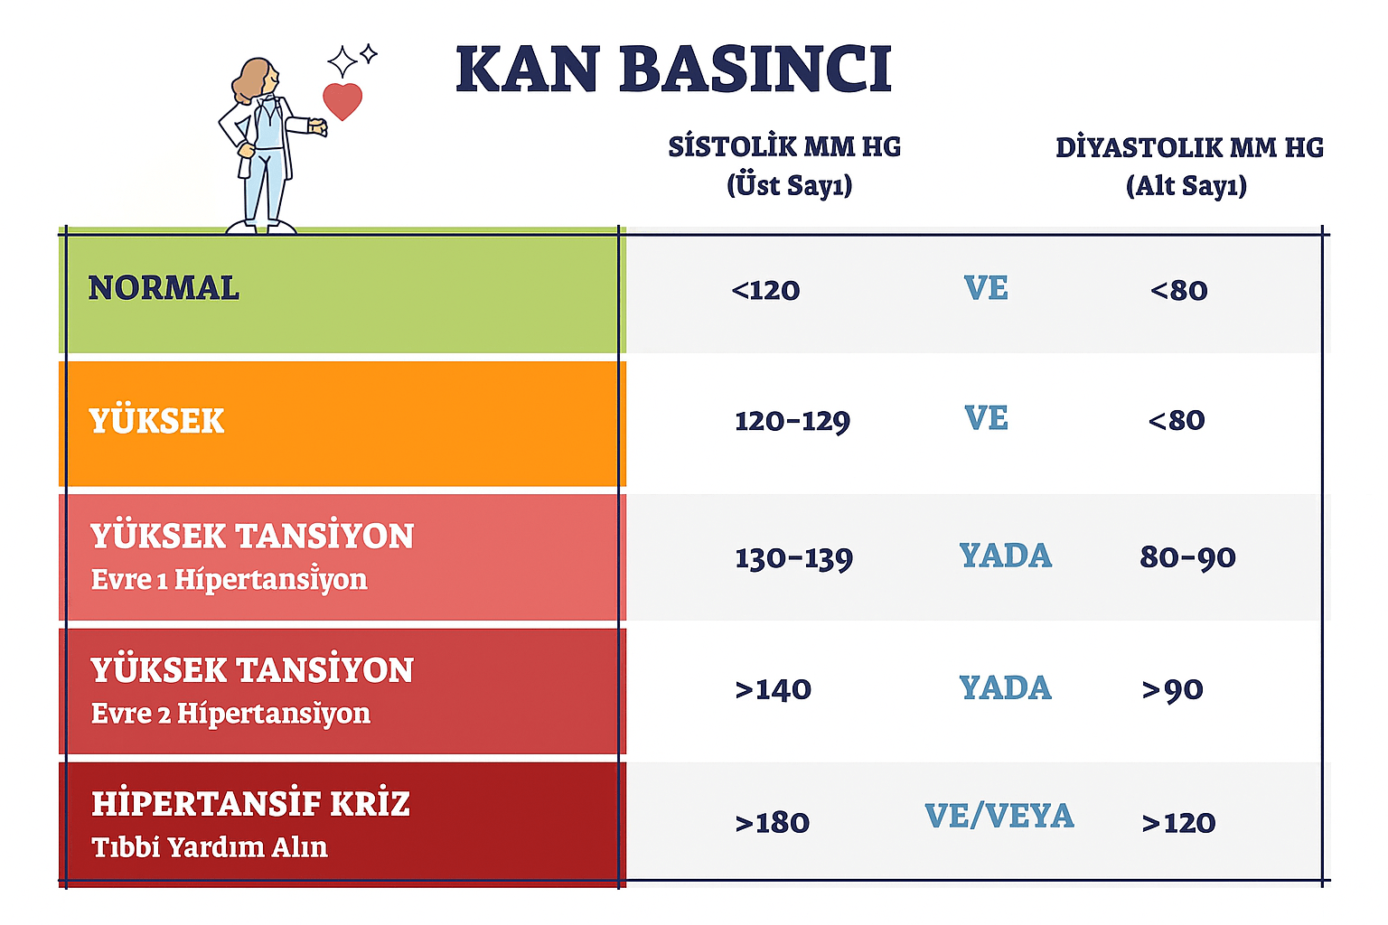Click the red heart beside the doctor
[x=342, y=100]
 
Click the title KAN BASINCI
[x=673, y=70]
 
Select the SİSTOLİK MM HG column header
[x=784, y=147]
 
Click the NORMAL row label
[x=164, y=288]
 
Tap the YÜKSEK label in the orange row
[x=156, y=421]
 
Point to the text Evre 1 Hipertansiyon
[x=229, y=579]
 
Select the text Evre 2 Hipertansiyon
[x=230, y=714]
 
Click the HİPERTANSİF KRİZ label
[x=250, y=803]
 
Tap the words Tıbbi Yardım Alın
[x=210, y=847]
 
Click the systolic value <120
[x=765, y=290]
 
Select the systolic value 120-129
[x=792, y=421]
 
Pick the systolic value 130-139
[x=793, y=558]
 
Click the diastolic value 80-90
[x=1187, y=557]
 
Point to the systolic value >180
[x=772, y=823]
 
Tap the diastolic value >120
[x=1178, y=823]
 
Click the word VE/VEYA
[x=999, y=816]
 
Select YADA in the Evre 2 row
[x=1005, y=688]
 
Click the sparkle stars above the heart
[x=351, y=60]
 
